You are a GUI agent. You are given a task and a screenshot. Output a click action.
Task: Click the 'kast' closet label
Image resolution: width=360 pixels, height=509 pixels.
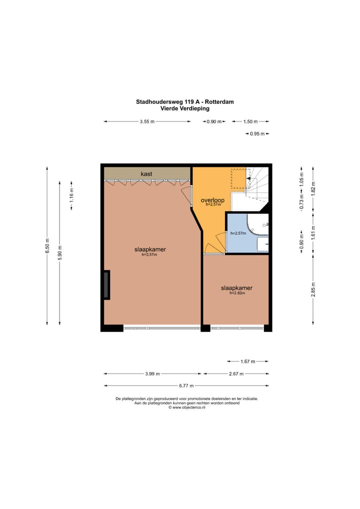(146, 174)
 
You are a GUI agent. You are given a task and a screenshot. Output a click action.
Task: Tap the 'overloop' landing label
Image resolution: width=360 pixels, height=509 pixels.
(212, 200)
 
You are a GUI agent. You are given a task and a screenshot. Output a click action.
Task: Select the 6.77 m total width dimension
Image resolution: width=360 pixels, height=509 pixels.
(186, 385)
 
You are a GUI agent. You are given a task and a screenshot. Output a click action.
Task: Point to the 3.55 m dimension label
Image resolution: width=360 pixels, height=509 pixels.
(147, 121)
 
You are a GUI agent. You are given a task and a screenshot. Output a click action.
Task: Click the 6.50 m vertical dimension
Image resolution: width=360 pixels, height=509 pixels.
(47, 245)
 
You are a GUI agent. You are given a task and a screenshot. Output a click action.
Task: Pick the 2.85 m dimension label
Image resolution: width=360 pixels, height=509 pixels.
(313, 289)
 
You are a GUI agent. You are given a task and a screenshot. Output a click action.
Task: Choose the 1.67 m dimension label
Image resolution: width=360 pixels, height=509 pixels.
(247, 361)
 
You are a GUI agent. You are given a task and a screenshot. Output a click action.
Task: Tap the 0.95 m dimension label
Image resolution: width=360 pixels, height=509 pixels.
(257, 133)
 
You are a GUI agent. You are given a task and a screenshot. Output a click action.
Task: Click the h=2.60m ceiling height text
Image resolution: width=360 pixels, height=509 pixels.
(237, 293)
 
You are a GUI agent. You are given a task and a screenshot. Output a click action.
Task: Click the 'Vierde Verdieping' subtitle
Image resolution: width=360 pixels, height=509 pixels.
(184, 108)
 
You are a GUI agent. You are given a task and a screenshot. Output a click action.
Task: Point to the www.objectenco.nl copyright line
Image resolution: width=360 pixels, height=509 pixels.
(186, 407)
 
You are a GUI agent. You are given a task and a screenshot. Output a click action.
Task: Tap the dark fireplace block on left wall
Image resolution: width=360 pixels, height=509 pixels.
(106, 284)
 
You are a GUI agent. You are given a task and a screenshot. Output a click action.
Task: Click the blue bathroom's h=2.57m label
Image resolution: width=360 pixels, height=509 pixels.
(238, 233)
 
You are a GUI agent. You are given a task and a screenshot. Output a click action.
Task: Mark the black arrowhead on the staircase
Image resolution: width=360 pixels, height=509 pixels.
(248, 178)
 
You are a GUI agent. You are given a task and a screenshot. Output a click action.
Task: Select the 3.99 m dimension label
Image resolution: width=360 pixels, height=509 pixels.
(152, 373)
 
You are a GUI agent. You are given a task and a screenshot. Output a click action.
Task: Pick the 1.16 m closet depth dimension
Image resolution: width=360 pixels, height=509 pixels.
(71, 195)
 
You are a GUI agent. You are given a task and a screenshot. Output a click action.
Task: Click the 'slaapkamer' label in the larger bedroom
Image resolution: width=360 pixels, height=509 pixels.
(150, 249)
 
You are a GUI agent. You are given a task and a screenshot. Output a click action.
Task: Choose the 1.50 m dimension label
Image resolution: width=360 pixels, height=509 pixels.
(250, 121)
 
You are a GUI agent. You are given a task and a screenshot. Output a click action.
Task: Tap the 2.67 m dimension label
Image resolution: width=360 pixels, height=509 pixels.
(236, 373)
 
